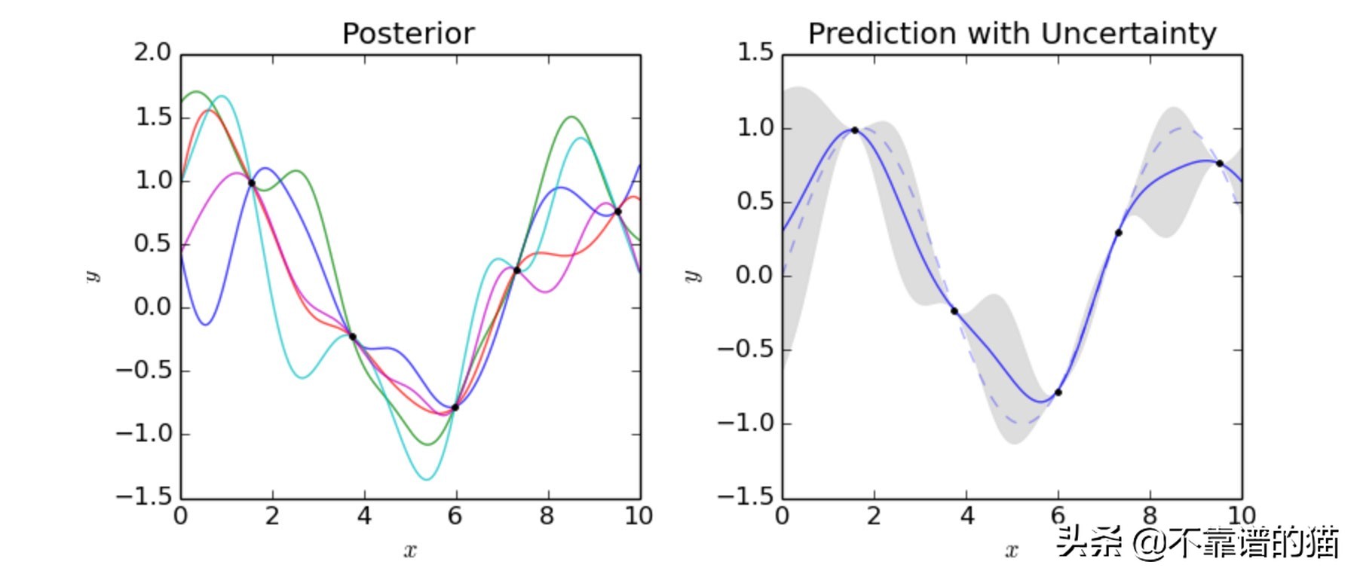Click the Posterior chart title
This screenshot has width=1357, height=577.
408,34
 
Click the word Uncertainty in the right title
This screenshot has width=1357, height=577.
1128,34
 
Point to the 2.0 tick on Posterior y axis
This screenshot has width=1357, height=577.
153,53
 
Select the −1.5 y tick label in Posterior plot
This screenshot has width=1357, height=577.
144,496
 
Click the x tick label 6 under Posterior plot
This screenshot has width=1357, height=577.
455,516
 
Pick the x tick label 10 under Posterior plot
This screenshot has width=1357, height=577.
638,516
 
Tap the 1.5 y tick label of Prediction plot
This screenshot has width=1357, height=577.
755,53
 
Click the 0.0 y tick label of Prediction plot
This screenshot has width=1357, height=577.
755,275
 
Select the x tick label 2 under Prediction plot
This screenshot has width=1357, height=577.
874,516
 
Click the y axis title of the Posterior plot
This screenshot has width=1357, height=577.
92,276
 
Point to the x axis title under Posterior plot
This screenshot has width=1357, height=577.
409,551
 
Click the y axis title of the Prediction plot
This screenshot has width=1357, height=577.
693,276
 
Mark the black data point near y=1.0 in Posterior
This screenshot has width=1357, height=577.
252,183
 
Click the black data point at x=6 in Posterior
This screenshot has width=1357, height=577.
455,408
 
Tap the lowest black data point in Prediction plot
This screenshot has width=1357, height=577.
1058,392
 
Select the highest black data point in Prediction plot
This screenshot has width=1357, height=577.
854,130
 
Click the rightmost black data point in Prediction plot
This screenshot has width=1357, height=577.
1219,163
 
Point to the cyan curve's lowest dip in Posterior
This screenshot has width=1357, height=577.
426,479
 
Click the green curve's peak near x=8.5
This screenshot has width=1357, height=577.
571,117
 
